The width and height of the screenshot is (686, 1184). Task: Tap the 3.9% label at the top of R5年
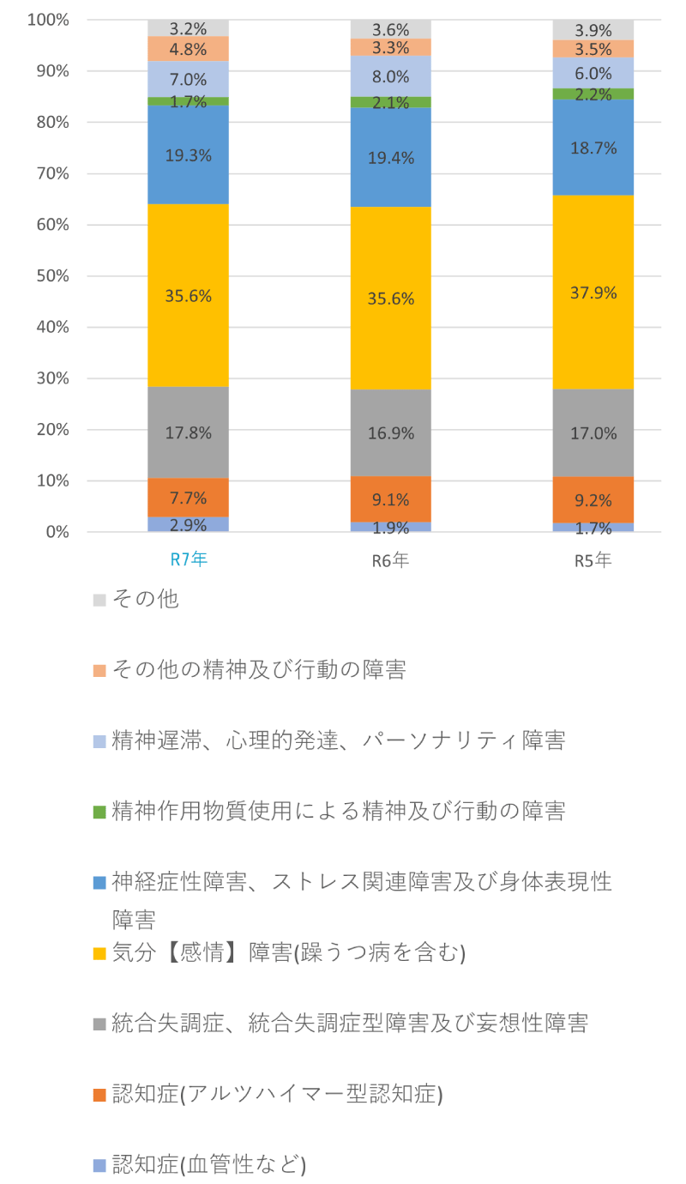(x=593, y=31)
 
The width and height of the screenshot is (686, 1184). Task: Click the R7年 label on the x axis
(x=188, y=560)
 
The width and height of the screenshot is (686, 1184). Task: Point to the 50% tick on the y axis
(x=51, y=276)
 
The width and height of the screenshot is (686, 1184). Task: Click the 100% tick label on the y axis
(x=48, y=20)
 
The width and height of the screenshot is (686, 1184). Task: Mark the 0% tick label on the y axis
(x=57, y=532)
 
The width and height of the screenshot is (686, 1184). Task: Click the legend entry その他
(x=145, y=599)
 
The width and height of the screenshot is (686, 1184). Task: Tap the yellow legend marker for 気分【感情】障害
(x=99, y=953)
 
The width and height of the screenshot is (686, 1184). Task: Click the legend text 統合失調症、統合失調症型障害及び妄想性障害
(x=349, y=1023)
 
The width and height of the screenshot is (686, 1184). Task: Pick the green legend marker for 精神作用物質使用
(x=99, y=812)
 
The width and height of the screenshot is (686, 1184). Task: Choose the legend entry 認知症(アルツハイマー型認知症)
(x=277, y=1094)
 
